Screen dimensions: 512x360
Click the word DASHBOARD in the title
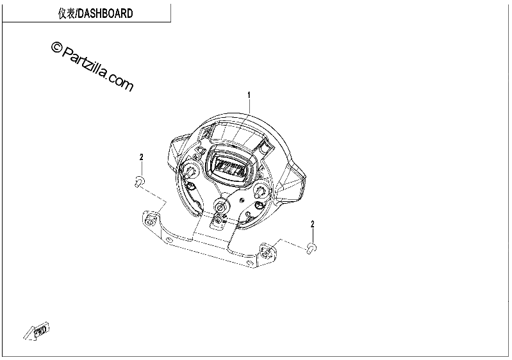pos(106,13)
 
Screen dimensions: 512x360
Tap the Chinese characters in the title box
pos(66,13)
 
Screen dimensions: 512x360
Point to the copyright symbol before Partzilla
pos(56,47)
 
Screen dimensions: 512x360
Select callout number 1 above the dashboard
pos(249,95)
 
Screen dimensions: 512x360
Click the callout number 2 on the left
pos(142,158)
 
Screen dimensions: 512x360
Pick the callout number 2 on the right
pos(313,224)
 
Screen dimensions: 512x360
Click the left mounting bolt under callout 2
pos(140,181)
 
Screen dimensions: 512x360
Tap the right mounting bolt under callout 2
pos(311,248)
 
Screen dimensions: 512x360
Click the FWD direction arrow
pos(37,332)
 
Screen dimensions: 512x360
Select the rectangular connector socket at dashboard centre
pos(230,167)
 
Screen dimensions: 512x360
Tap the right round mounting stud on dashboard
pos(261,190)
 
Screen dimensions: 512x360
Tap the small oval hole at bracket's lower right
pos(250,262)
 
